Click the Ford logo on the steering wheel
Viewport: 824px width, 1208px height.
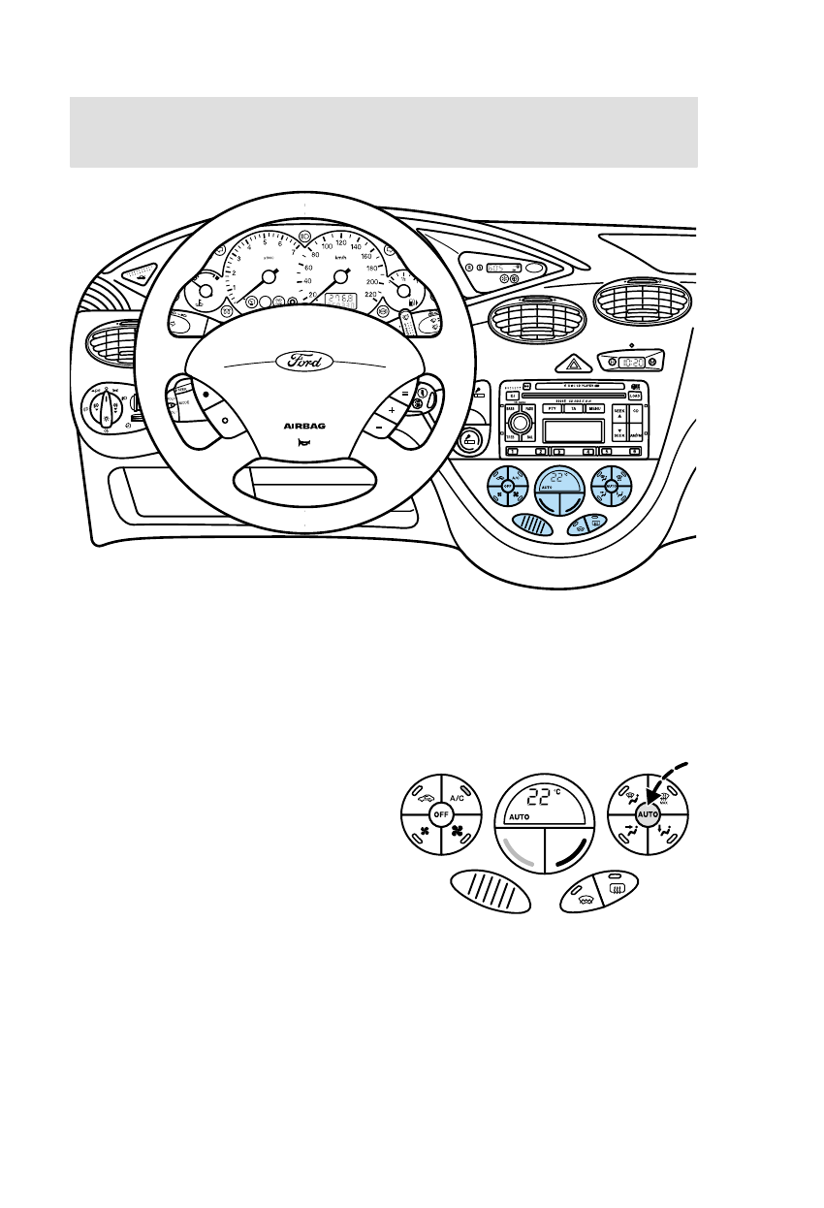pos(304,361)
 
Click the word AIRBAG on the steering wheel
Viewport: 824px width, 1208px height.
pos(304,425)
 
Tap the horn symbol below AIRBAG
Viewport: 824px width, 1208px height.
pos(304,441)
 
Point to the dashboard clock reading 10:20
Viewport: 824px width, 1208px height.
pos(632,361)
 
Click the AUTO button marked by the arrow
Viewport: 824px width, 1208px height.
pos(648,817)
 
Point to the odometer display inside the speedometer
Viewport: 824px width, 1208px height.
pos(340,301)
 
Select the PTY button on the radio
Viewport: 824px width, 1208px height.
pos(552,410)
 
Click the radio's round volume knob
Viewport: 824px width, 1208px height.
pos(521,425)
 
